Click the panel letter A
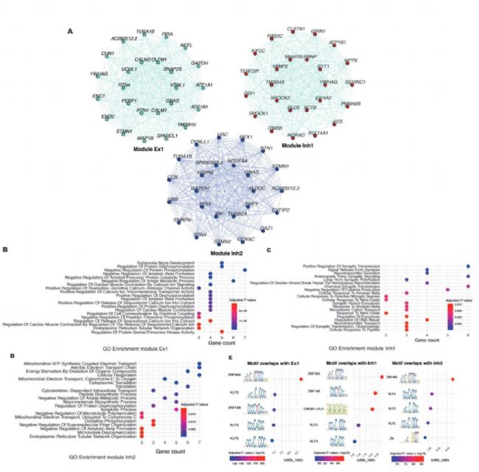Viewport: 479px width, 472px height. pyautogui.click(x=70, y=31)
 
